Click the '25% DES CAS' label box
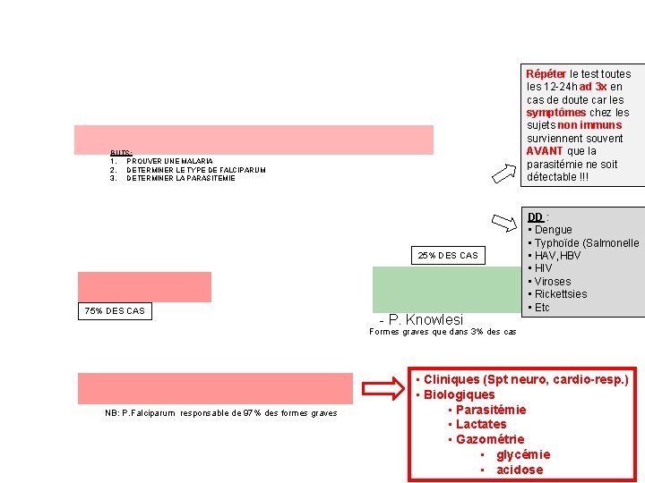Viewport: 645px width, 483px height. (448, 256)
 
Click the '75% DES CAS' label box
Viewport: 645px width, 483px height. (113, 311)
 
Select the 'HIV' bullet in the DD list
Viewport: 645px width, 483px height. (543, 268)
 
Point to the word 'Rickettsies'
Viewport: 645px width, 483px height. (561, 294)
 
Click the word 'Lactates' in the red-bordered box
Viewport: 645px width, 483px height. (481, 424)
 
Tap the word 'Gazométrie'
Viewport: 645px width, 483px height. (489, 439)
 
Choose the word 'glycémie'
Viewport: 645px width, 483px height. (523, 454)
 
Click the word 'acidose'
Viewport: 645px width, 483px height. (520, 470)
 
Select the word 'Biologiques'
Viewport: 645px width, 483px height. (460, 394)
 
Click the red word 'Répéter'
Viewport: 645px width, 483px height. (546, 74)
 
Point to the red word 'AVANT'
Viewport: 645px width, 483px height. (546, 151)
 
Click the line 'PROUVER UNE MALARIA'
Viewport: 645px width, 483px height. (169, 161)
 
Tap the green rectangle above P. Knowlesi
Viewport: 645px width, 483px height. (444, 289)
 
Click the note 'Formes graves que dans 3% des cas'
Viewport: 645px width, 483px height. (443, 332)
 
